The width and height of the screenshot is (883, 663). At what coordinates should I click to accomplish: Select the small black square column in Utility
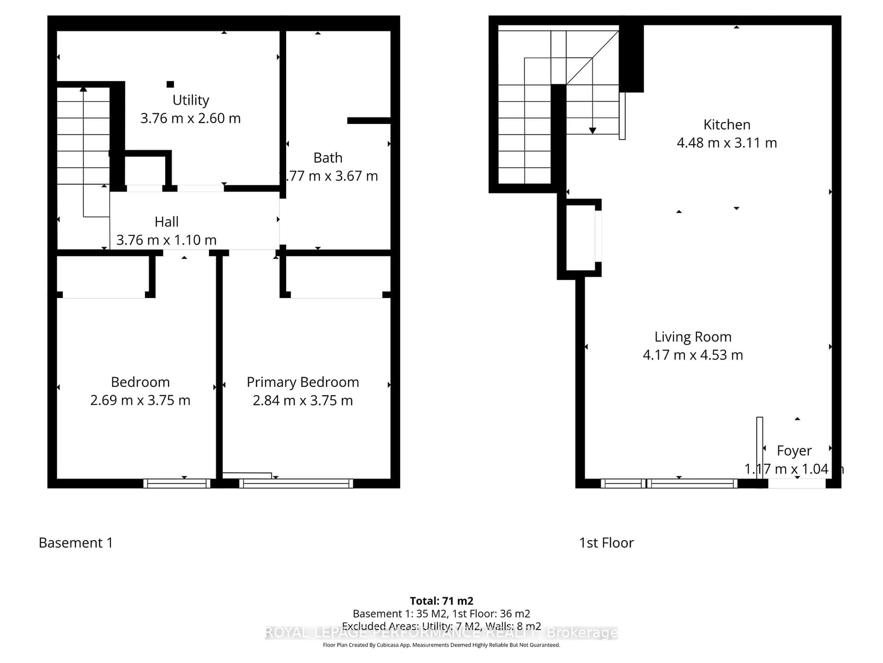170,84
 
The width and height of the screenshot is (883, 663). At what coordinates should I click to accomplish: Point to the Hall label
166,222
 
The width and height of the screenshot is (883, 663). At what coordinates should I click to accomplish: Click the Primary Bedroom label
303,382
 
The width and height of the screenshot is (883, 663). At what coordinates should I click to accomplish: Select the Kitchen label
726,125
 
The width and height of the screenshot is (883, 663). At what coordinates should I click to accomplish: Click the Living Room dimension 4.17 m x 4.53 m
693,355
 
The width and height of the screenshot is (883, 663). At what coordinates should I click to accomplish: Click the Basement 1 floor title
76,543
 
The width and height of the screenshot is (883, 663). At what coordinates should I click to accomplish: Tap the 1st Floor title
606,543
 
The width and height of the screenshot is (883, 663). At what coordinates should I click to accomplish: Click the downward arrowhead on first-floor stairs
592,131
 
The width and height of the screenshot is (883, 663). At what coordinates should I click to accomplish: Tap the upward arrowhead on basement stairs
83,89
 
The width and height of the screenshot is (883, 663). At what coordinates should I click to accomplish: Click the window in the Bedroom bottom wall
177,484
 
